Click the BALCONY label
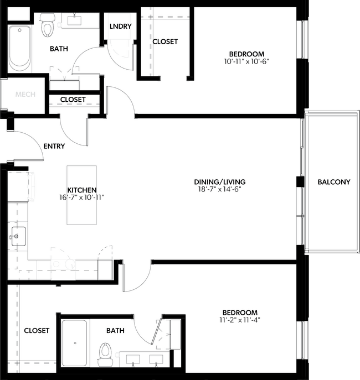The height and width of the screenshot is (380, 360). point(333,182)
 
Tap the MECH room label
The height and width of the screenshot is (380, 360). point(25,95)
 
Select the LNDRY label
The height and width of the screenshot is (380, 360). point(120,27)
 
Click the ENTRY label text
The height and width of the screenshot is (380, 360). point(54,147)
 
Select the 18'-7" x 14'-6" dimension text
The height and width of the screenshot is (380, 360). point(219,189)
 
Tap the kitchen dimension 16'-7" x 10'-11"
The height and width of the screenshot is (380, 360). point(82,197)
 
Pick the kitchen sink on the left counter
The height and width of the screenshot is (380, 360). point(16,237)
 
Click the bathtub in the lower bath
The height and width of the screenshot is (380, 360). point(74,343)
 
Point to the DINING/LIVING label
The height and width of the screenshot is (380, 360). point(219,181)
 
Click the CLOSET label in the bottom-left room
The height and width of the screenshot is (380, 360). point(37,331)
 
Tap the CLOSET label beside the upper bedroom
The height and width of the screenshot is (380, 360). point(164,41)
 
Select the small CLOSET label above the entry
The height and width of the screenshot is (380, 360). point(73,100)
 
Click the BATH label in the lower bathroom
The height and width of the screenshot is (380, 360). point(115,331)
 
